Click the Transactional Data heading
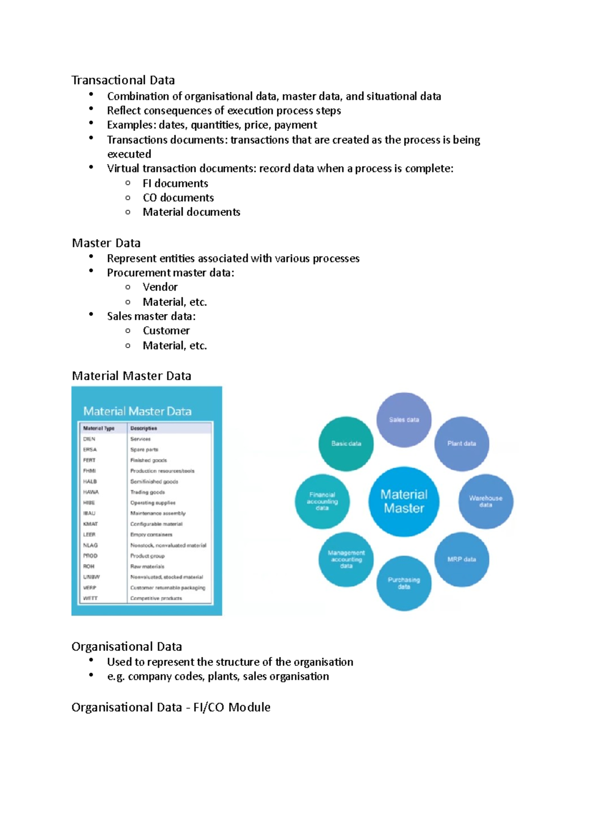point(123,80)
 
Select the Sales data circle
point(404,420)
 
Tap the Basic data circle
point(346,444)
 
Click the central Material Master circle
point(404,502)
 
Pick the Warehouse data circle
point(486,502)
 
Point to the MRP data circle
point(462,559)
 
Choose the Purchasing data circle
point(404,583)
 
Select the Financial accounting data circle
point(322,502)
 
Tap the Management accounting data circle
point(346,559)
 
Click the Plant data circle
point(462,444)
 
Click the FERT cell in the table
point(89,460)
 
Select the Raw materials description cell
point(147,567)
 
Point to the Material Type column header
point(99,428)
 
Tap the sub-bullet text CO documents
point(178,198)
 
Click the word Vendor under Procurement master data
point(160,287)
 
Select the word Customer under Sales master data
point(166,331)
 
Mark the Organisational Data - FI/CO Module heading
point(171,707)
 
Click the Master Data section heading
point(106,243)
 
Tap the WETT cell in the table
point(90,598)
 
